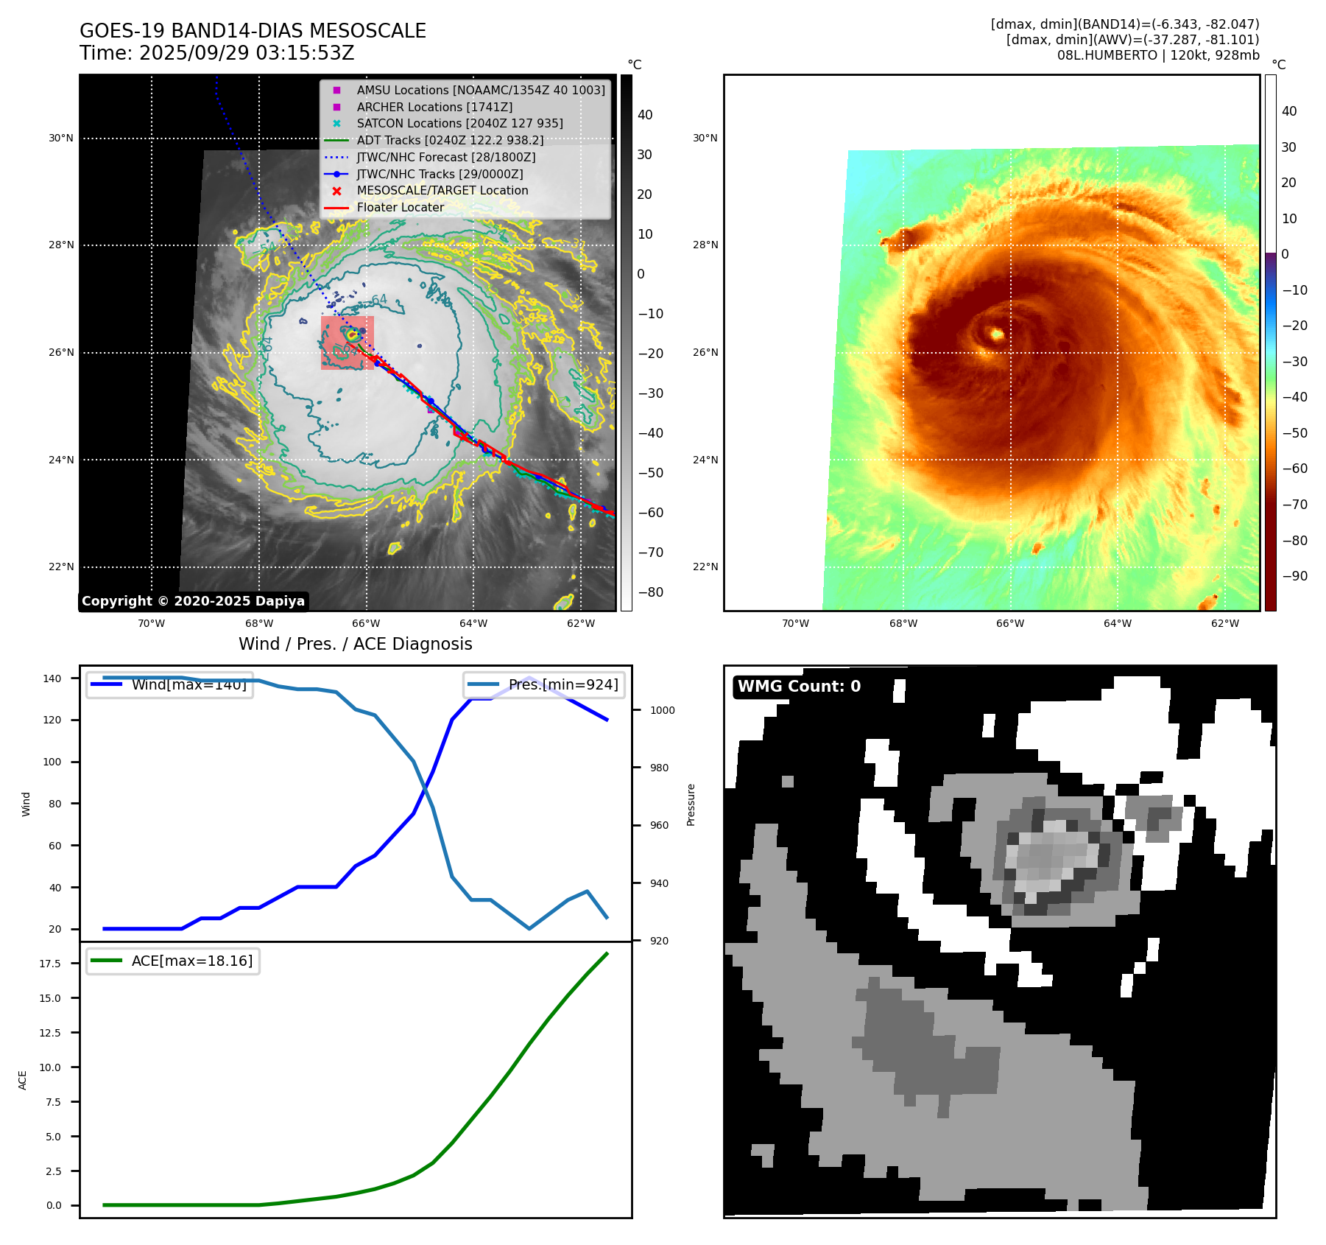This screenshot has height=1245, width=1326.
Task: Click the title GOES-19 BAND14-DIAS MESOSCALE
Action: pos(253,31)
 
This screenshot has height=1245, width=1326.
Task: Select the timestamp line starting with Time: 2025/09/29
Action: pos(217,53)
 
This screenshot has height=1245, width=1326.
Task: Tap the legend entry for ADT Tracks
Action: pos(450,140)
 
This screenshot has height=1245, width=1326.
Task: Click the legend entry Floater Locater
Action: pos(400,207)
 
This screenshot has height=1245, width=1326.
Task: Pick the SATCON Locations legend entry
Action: pos(459,123)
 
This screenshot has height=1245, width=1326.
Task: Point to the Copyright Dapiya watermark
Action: pos(193,601)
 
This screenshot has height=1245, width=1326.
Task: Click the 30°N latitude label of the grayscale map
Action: pos(61,138)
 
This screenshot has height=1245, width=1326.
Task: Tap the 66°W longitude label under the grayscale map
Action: pos(366,623)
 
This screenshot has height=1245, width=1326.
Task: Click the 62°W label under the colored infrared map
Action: pos(1224,623)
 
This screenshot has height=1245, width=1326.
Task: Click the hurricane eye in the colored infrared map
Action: pos(997,334)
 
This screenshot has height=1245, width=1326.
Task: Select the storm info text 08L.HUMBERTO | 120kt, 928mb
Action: pos(1157,55)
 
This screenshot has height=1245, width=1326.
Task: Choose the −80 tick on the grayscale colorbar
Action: pos(650,592)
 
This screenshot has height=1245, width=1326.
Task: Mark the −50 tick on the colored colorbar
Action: pos(1294,433)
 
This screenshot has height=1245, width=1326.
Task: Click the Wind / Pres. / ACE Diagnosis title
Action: pos(355,644)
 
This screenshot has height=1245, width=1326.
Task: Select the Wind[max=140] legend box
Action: pos(169,684)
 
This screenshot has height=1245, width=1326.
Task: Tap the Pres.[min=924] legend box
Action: pos(544,684)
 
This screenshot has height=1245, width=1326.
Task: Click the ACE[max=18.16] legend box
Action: pos(172,961)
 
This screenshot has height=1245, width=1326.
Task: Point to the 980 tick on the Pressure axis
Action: pos(659,768)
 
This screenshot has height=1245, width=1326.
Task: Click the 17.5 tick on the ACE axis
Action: pos(50,964)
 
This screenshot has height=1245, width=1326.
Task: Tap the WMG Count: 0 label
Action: pos(799,687)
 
